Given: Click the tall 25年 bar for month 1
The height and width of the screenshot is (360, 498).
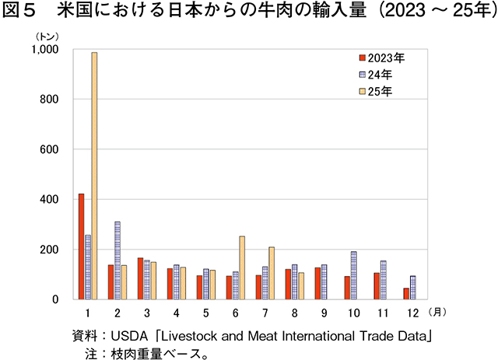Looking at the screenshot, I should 94,176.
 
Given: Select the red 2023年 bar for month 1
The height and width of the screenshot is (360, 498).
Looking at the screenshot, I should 82,246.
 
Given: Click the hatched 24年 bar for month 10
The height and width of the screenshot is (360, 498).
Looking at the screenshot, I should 353,275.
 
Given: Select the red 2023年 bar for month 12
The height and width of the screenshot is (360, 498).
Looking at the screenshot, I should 405,294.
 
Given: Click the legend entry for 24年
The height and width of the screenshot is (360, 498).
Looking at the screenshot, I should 381,75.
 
